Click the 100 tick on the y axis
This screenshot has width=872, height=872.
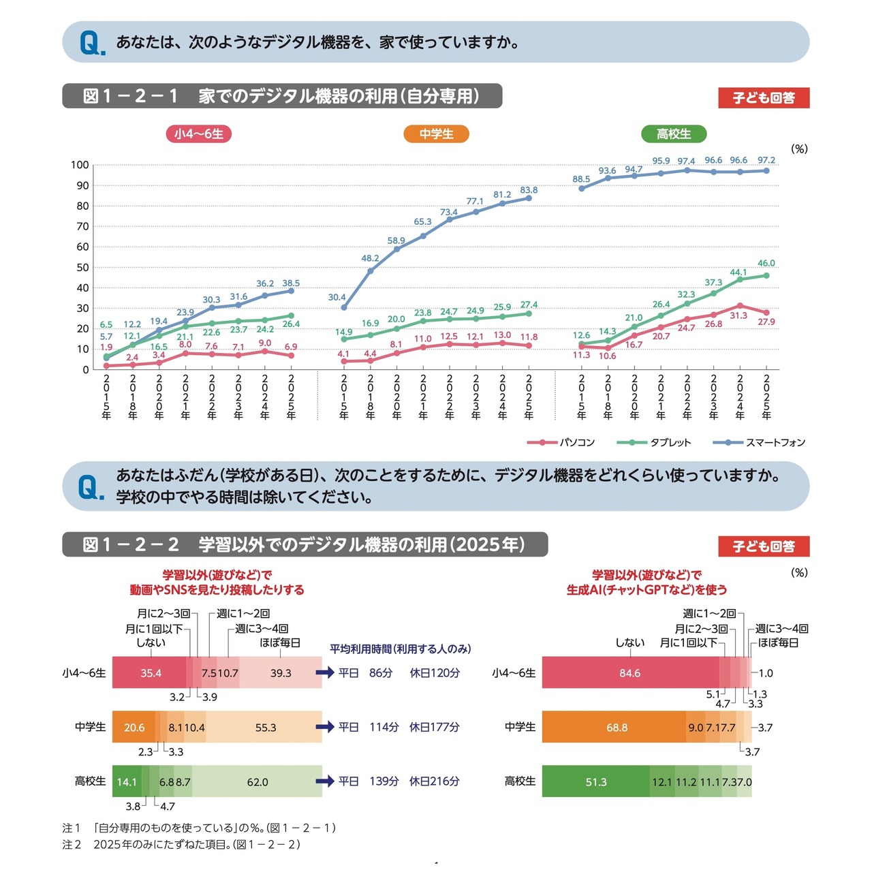(80, 165)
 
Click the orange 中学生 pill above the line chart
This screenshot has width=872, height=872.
(436, 134)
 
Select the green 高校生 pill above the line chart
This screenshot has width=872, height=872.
(674, 134)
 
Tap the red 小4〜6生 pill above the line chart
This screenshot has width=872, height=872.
(199, 134)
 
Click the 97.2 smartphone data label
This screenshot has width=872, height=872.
(766, 161)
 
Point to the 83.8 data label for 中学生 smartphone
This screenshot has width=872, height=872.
(529, 191)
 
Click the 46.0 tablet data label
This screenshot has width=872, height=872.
(766, 264)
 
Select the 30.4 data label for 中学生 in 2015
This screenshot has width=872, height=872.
(337, 298)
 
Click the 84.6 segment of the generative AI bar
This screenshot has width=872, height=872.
(629, 673)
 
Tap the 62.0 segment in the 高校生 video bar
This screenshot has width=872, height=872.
(258, 782)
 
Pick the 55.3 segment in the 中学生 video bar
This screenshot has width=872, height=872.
(266, 728)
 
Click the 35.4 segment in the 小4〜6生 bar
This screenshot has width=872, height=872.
(151, 673)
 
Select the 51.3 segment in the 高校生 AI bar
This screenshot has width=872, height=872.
(596, 782)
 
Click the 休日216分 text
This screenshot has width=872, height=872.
(435, 781)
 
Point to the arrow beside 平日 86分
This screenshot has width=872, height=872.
(325, 673)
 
